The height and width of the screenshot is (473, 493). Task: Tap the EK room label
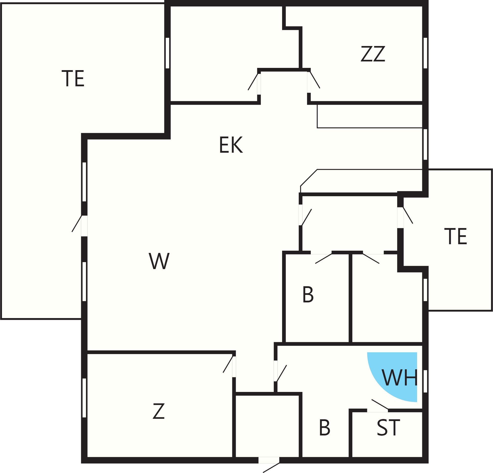231,145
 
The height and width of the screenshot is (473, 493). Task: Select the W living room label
159,261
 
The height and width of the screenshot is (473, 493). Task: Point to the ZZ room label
373,53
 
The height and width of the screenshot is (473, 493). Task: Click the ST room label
388,427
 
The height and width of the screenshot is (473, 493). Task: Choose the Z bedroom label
159,411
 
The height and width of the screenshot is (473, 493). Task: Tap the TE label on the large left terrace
73,78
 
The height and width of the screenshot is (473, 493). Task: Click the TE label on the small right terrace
455,236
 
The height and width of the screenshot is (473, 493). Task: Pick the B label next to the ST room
324,427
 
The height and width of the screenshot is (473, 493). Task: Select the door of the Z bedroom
229,367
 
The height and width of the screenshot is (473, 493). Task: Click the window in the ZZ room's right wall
425,53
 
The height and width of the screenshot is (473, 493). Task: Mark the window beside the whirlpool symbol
425,381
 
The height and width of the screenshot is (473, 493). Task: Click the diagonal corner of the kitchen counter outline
309,178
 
